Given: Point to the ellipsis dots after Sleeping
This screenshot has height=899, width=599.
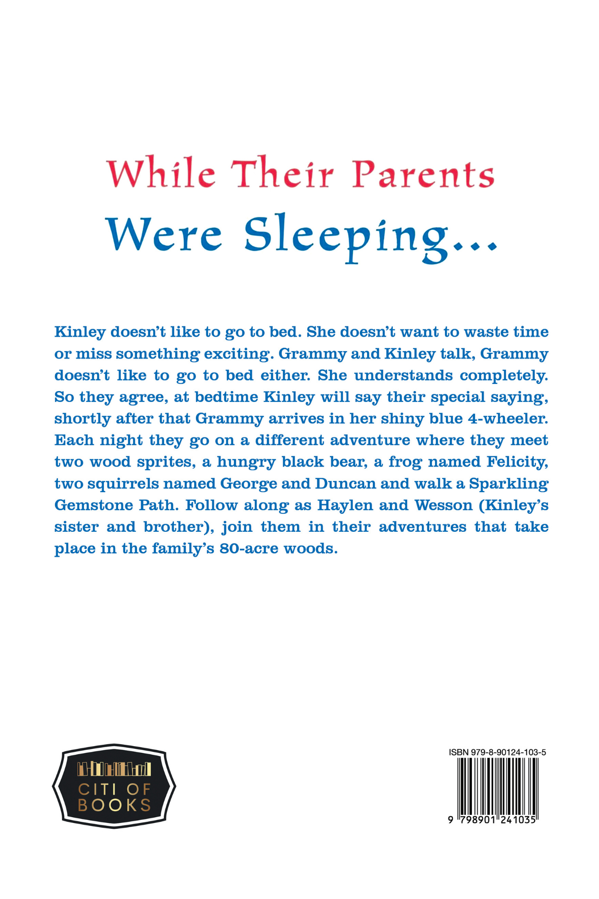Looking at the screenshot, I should [478, 246].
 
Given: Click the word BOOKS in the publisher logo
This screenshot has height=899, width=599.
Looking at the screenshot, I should [114, 806].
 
